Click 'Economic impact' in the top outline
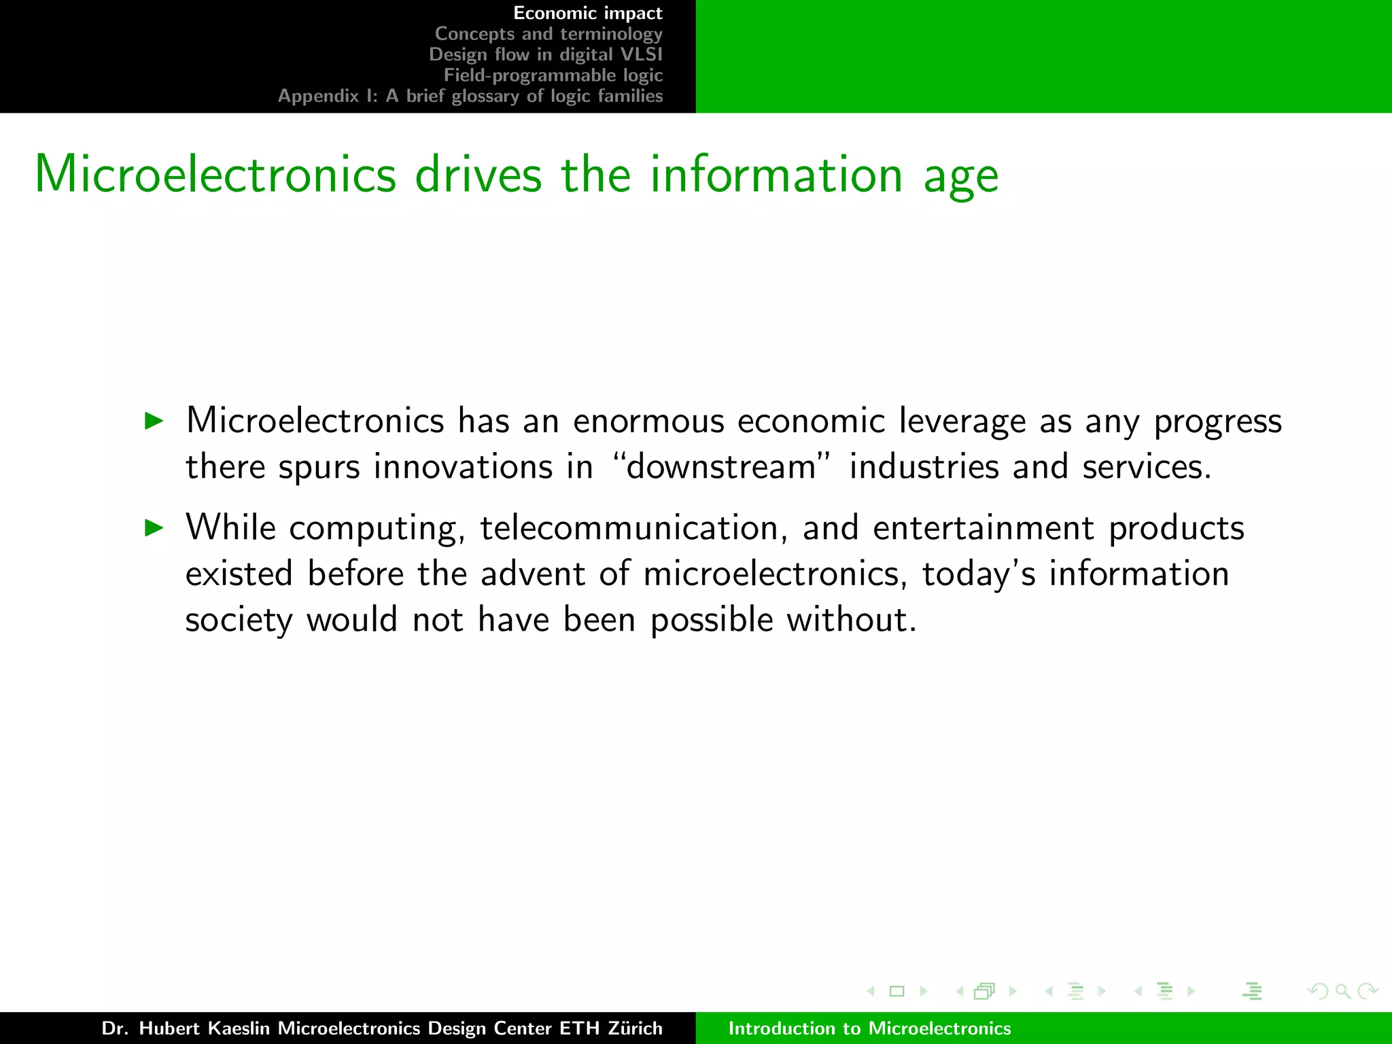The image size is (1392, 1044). pos(587,14)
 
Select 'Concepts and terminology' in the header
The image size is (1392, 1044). pos(548,34)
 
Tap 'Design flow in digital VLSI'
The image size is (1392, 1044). pos(545,54)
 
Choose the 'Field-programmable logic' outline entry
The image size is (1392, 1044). pos(553,75)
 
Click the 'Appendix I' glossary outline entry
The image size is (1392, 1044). pos(470,96)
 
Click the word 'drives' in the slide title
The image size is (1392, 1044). pos(478,175)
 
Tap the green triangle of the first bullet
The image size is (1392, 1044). pos(155,421)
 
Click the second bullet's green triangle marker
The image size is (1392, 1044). pos(155,527)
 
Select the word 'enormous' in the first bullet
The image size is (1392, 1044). pos(648,421)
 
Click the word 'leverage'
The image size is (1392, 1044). pos(962,422)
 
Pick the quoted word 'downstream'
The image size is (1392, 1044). pos(722,467)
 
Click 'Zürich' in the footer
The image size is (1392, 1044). pos(635,1028)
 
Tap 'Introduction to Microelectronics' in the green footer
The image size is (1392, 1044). pos(869,1028)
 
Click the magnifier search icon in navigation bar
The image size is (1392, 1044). pos(1342,991)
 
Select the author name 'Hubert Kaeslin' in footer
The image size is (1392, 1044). pos(204,1028)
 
